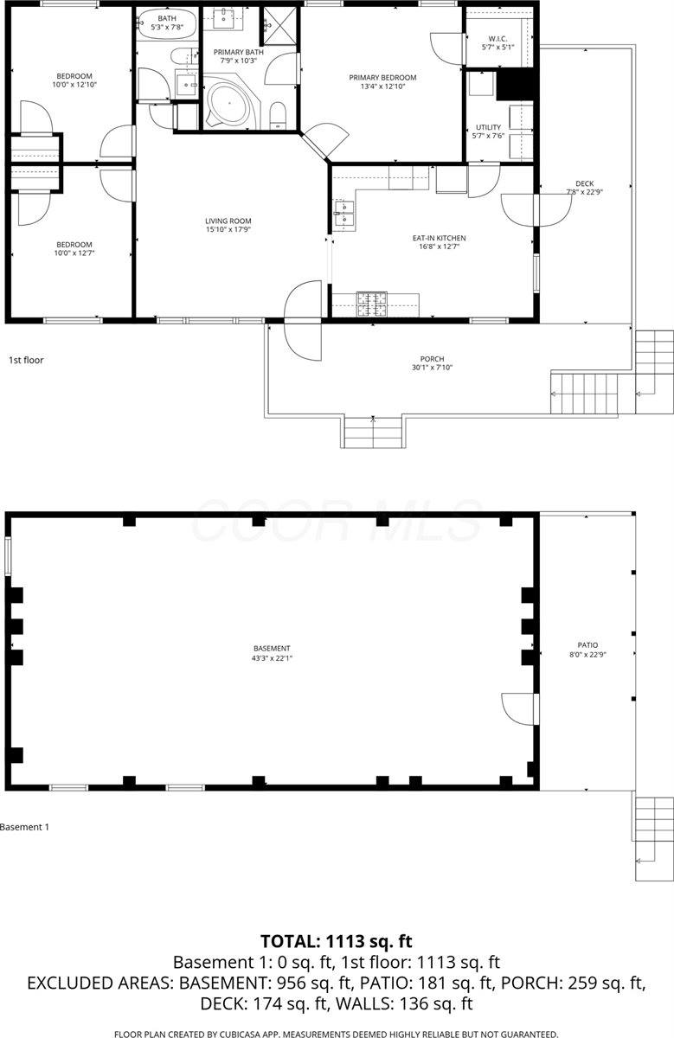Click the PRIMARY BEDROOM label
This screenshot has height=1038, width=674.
coord(382,78)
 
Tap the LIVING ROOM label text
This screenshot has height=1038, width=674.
coord(228,221)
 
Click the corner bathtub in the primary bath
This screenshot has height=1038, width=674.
coord(228,105)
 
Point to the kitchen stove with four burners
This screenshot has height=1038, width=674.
coord(372,302)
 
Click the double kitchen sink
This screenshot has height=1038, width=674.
coord(343,213)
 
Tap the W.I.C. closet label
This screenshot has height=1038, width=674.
coord(497,37)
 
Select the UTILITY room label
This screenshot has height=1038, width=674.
coord(488,128)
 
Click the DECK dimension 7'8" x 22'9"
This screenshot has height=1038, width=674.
coord(584,192)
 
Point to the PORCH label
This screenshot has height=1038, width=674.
coord(432,359)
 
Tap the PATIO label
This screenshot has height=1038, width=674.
coord(587,644)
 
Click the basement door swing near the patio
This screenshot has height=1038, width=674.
coord(519,709)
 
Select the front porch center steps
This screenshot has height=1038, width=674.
coord(373,432)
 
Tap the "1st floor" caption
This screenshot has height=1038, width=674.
coord(26,359)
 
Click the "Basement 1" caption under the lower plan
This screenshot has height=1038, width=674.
coord(25,827)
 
